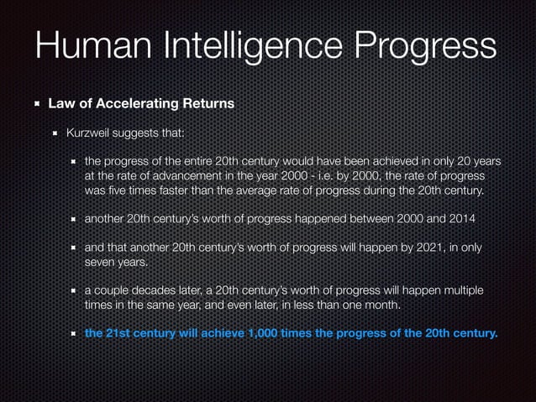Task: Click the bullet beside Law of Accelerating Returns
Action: (x=36, y=105)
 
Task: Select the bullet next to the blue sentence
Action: (x=75, y=334)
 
